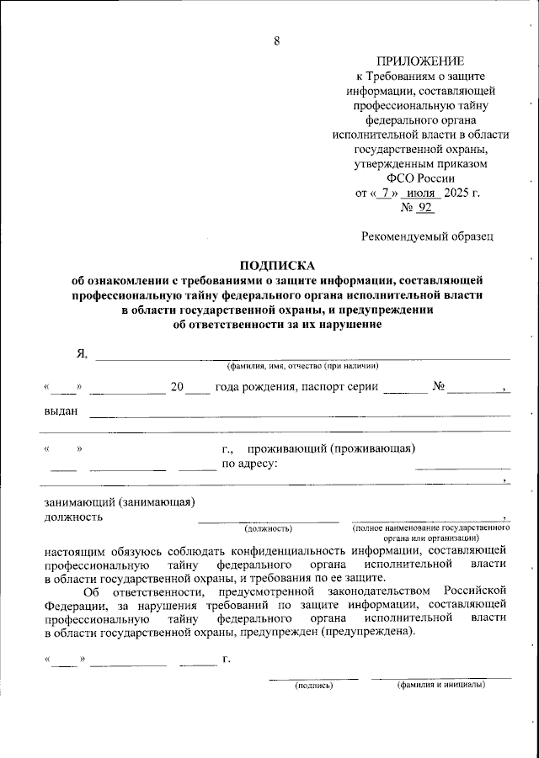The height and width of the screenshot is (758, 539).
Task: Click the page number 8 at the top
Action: (275, 42)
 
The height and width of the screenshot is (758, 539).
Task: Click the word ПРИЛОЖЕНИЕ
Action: (419, 61)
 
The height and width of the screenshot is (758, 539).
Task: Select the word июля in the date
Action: (419, 193)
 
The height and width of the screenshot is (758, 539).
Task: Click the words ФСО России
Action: (419, 178)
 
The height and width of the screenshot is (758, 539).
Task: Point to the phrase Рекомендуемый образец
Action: (427, 237)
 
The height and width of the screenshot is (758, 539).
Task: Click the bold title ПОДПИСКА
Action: (277, 264)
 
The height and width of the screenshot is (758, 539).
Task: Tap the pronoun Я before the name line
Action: (82, 353)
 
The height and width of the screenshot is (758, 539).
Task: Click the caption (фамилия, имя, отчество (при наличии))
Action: (302, 366)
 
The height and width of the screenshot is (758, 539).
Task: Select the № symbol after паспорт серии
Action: (438, 387)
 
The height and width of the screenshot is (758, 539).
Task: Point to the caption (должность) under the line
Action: (268, 528)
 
